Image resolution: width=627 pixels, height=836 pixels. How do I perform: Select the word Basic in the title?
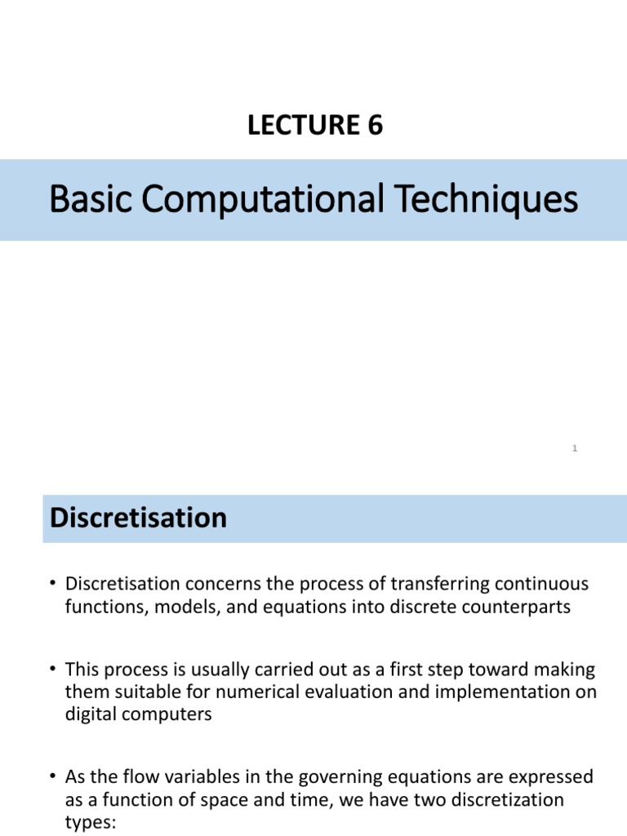90,200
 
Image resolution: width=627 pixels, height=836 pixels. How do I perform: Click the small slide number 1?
575,448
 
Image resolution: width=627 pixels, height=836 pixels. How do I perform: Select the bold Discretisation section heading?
139,518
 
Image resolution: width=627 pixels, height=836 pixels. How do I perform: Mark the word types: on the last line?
91,823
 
